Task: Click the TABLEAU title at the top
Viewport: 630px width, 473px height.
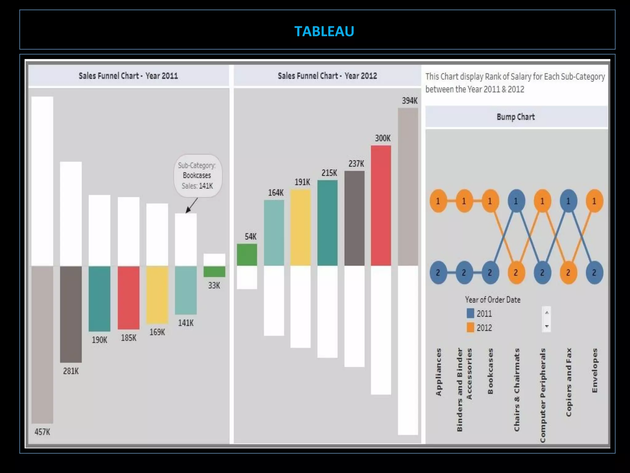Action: [324, 31]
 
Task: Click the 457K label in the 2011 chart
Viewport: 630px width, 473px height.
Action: [42, 432]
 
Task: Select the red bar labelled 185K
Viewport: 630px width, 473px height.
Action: [129, 297]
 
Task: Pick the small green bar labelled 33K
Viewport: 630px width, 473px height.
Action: [214, 272]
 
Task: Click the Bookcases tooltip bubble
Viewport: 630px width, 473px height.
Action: [197, 176]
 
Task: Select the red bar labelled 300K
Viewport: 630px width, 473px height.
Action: [381, 205]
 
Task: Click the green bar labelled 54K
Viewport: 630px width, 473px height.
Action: [247, 255]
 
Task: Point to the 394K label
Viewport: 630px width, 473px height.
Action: [410, 101]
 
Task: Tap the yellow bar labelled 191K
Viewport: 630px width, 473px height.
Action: [301, 227]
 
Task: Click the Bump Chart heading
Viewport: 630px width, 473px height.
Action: [516, 117]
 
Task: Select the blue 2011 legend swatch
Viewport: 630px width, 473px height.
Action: [470, 313]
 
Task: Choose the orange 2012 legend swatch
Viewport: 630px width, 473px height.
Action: [470, 328]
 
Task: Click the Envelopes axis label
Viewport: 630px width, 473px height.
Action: [595, 370]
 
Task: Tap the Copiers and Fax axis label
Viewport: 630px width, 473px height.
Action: [568, 382]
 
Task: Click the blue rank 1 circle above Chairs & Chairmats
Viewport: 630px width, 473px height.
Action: [516, 201]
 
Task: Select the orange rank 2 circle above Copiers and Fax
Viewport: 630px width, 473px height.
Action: [568, 273]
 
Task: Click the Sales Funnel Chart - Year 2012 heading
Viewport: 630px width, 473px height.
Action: [327, 76]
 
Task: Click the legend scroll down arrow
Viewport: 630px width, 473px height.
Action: [547, 326]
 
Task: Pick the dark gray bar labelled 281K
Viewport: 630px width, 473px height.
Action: [71, 314]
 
